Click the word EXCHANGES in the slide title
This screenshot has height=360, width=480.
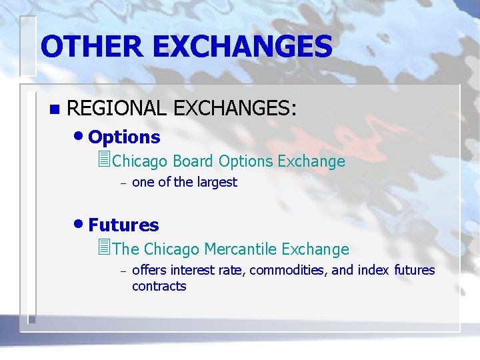coord(241,47)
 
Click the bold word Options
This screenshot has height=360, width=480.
coord(124,137)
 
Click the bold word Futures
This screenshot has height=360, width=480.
coord(123,225)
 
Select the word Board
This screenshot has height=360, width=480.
coord(193,161)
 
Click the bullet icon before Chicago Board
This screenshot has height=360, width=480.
coord(103,161)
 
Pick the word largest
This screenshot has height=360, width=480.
coord(215,183)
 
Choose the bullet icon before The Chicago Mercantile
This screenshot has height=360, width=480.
coord(103,249)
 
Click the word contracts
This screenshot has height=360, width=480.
coord(159,286)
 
